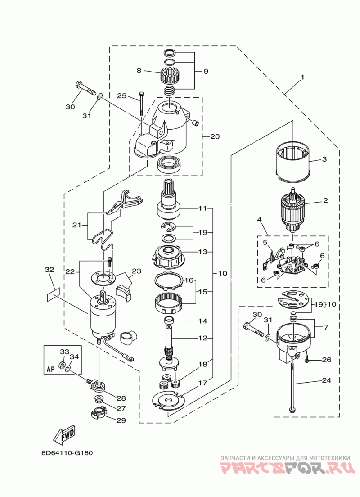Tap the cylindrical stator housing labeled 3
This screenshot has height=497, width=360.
click(x=293, y=161)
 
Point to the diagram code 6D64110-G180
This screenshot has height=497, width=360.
click(x=67, y=452)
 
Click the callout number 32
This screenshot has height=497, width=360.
click(x=49, y=270)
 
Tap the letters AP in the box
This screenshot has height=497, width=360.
click(x=50, y=369)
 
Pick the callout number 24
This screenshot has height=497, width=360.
click(x=326, y=380)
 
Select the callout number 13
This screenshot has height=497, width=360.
click(x=202, y=252)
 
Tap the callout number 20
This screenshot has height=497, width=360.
click(x=215, y=136)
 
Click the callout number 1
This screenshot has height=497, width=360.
click(x=302, y=77)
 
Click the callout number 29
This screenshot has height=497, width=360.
click(x=121, y=420)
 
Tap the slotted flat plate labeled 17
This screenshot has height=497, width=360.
click(x=168, y=400)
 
